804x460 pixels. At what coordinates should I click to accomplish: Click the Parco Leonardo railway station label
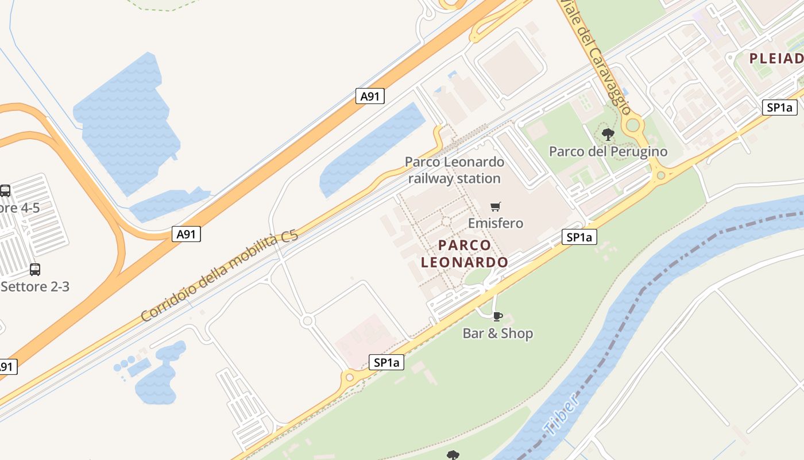click(454, 170)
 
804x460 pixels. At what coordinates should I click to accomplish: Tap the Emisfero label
click(496, 223)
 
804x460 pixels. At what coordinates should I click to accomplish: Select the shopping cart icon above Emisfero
click(496, 206)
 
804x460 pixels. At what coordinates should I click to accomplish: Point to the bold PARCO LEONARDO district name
click(465, 254)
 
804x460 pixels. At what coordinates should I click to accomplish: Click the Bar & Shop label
click(498, 333)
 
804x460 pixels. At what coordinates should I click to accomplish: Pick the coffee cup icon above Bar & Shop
click(498, 316)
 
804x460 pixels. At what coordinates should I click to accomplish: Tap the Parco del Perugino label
click(608, 151)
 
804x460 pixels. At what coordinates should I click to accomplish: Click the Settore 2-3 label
click(35, 286)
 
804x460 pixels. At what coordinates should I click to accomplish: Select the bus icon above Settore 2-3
click(35, 269)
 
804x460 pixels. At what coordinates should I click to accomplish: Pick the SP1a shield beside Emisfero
click(579, 237)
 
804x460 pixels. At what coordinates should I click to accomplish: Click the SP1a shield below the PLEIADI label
click(780, 108)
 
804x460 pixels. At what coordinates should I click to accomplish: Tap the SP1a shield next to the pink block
click(386, 362)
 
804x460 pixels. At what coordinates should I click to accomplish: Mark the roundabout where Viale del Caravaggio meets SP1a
click(660, 175)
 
